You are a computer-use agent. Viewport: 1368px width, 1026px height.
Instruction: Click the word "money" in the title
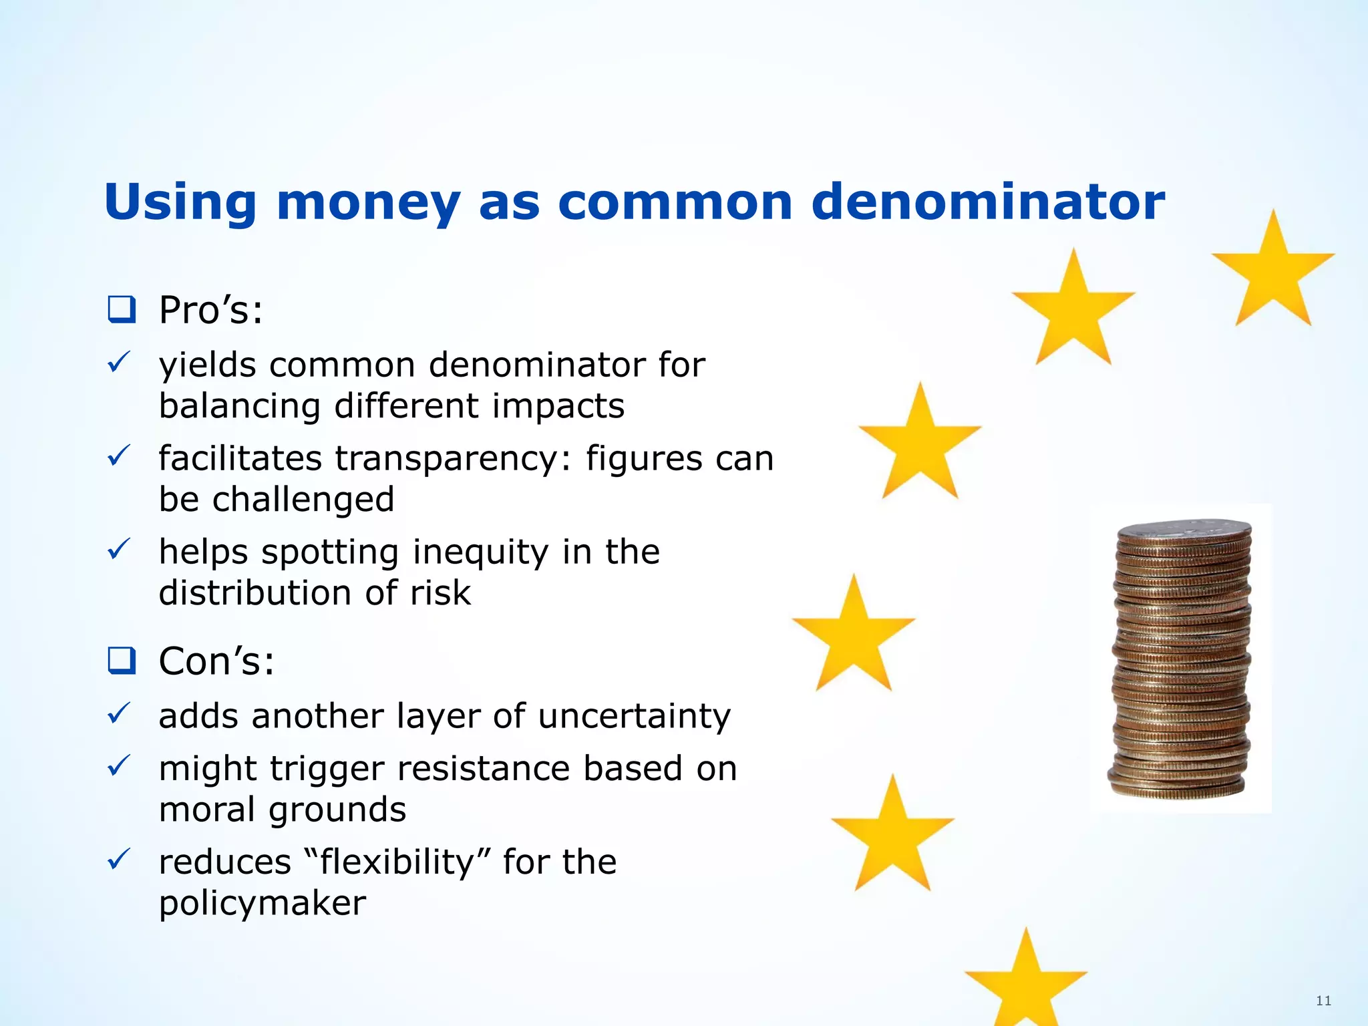(x=368, y=203)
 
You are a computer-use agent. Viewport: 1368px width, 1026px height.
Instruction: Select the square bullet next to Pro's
(x=122, y=310)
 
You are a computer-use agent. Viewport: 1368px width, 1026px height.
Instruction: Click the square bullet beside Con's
(x=122, y=661)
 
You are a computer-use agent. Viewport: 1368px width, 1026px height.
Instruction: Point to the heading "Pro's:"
(x=211, y=310)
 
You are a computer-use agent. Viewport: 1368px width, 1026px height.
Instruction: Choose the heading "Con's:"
(x=216, y=661)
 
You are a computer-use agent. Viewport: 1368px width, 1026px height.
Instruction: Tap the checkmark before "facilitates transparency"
(x=118, y=456)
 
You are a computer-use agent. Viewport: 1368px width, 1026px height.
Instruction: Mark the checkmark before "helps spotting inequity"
(x=118, y=550)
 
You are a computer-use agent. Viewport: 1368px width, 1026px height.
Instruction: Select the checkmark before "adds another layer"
(x=118, y=714)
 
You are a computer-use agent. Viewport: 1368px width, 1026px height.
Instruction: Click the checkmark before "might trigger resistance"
(x=118, y=766)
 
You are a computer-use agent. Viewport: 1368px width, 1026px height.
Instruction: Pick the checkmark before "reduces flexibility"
(x=118, y=860)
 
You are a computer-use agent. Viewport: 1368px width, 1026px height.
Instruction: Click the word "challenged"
(x=303, y=500)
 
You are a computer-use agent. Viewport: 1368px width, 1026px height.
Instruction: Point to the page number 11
(x=1323, y=1001)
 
